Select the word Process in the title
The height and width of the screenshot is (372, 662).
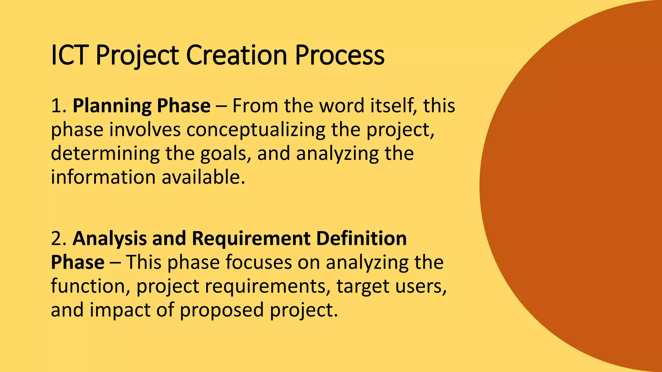pos(339,55)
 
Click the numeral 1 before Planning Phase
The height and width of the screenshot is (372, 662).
pos(56,106)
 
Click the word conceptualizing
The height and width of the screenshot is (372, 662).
pos(255,130)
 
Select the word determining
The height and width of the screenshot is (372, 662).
pos(105,153)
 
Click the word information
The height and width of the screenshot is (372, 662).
pos(103,177)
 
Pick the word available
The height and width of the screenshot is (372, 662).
pos(203,177)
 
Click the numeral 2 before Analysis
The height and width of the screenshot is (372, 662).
pos(57,239)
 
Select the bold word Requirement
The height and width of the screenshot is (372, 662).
pos(251,239)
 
